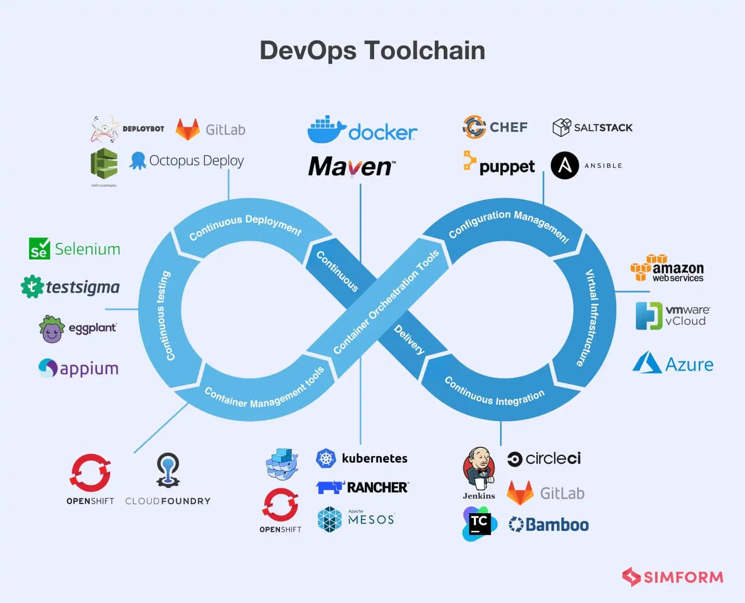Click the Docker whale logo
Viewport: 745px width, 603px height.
[326, 130]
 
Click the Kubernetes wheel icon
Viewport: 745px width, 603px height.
[326, 458]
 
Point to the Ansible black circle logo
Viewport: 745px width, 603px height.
[565, 166]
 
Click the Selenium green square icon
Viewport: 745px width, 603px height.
[39, 249]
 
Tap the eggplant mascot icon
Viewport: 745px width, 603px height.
[51, 329]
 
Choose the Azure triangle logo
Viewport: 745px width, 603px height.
[646, 363]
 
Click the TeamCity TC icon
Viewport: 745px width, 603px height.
[479, 523]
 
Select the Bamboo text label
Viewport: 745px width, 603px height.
[557, 525]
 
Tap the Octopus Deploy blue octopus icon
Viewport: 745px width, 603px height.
[138, 160]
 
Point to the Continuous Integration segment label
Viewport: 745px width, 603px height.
[494, 392]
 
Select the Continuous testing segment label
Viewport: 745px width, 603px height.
[163, 316]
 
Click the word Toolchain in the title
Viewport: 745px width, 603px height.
[424, 51]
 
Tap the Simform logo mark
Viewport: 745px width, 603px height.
[631, 577]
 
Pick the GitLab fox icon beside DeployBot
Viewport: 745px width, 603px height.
[188, 129]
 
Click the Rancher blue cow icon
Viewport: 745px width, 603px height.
[330, 487]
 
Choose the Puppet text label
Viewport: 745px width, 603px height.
[507, 167]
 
